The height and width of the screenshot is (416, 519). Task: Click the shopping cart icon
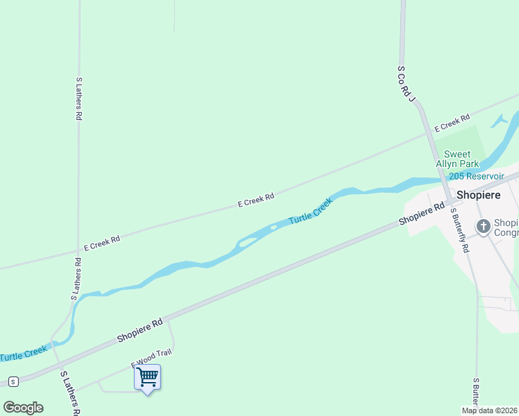click(147, 377)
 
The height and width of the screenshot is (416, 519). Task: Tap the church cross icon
click(483, 226)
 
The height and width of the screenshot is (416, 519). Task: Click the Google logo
click(24, 408)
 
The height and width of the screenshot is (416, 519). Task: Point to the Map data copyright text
click(489, 410)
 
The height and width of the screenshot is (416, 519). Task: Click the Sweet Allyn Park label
click(457, 159)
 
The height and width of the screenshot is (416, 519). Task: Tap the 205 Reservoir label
click(476, 177)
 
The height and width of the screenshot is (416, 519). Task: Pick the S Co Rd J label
click(407, 84)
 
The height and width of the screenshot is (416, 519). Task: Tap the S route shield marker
click(12, 381)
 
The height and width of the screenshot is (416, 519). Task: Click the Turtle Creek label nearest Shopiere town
click(310, 210)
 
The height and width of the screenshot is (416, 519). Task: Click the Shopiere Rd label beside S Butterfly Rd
click(421, 214)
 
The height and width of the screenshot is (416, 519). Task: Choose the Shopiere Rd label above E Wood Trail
click(139, 330)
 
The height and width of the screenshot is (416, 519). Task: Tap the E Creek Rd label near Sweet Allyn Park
click(452, 123)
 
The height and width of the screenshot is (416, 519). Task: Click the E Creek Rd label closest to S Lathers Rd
click(102, 243)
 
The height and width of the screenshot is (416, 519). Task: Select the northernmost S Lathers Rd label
click(78, 99)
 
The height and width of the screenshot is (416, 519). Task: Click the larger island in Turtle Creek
click(248, 241)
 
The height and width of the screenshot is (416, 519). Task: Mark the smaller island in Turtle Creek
click(273, 227)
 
